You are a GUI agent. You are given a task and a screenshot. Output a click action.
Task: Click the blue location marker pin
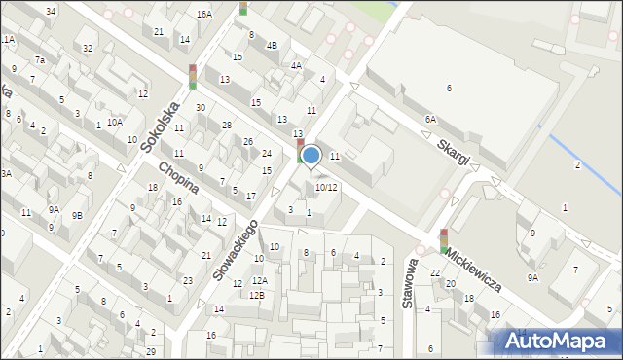311,156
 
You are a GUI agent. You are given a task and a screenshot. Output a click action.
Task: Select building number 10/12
326,188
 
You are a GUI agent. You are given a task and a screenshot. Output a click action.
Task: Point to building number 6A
430,119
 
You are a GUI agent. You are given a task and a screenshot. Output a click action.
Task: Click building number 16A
203,15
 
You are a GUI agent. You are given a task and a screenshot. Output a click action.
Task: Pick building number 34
51,11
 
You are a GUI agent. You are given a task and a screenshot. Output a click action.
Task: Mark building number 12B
255,295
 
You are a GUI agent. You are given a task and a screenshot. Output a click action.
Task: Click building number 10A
115,123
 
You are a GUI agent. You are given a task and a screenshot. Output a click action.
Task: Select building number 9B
77,215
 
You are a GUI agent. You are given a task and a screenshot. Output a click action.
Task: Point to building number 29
150,350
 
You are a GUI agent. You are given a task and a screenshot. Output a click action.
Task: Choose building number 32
88,48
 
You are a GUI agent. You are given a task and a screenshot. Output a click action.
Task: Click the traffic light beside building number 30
193,77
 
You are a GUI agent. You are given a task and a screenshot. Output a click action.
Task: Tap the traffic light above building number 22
444,241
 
